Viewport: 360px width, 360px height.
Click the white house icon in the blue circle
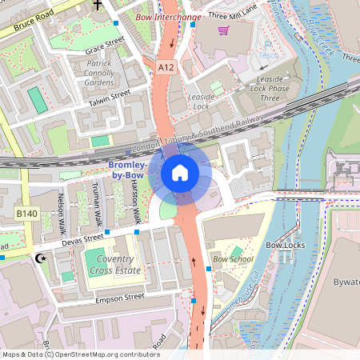(x=180, y=173)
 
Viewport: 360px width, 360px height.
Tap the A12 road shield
(x=166, y=68)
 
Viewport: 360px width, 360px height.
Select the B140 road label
(x=27, y=214)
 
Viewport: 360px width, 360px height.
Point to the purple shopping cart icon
(x=223, y=30)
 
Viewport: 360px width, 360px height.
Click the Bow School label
(x=233, y=259)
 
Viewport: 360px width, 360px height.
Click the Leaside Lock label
(x=202, y=102)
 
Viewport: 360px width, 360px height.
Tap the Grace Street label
(x=105, y=42)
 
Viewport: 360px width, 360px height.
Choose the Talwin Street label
(x=109, y=98)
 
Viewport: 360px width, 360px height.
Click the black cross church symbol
(x=98, y=5)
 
